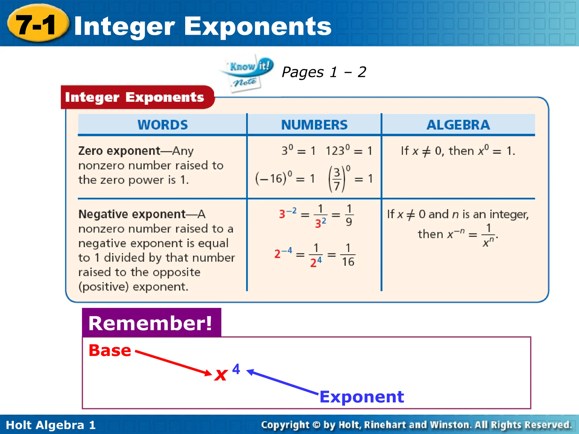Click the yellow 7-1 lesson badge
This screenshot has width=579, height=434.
[38, 24]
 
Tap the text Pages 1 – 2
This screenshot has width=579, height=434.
[324, 72]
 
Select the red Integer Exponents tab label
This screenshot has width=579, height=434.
[135, 97]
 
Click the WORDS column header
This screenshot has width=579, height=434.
[163, 125]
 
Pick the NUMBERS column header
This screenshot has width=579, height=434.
[314, 125]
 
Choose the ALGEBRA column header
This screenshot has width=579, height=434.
[458, 125]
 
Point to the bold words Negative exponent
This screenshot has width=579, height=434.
[132, 214]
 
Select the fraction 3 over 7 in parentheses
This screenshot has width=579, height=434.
[337, 179]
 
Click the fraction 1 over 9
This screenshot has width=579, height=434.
[349, 215]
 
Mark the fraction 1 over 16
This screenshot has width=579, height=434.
[348, 255]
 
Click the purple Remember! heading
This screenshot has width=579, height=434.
[151, 323]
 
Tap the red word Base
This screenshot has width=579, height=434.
[110, 350]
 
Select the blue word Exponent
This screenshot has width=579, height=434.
[362, 397]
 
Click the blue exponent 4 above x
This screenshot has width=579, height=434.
[236, 369]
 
